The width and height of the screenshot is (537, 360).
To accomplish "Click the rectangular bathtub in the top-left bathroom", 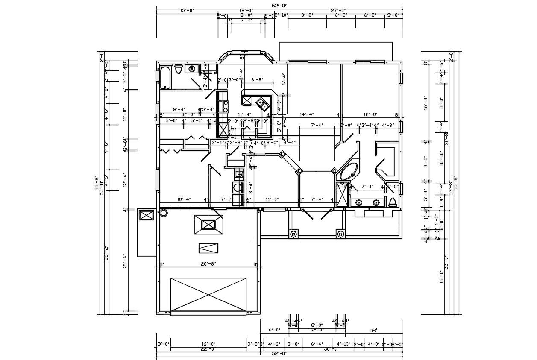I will pyautogui.click(x=165, y=77).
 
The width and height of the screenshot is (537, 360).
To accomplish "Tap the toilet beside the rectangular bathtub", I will pyautogui.click(x=179, y=69).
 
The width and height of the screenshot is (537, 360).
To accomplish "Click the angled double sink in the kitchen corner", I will pyautogui.click(x=261, y=102).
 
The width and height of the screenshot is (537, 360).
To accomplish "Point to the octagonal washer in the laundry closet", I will pyautogui.click(x=238, y=187).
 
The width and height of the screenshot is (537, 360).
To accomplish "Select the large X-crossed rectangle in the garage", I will pyautogui.click(x=208, y=294).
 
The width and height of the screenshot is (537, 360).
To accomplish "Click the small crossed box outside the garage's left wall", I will pyautogui.click(x=147, y=215).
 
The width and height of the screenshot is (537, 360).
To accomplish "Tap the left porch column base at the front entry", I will pyautogui.click(x=293, y=234).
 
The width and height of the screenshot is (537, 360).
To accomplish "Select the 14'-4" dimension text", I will pyautogui.click(x=307, y=114).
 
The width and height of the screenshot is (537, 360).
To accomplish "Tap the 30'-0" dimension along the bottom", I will pyautogui.click(x=331, y=349).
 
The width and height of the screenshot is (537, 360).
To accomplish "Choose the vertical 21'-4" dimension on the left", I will pyautogui.click(x=125, y=260).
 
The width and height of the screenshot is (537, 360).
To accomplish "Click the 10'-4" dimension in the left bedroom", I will pyautogui.click(x=183, y=199).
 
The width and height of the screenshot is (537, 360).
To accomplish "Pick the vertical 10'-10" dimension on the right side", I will pyautogui.click(x=442, y=158).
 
